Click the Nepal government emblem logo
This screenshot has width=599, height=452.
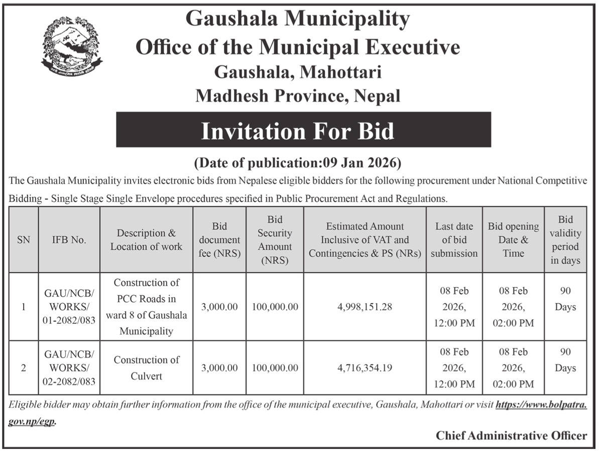(71, 45)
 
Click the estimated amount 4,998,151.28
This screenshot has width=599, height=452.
(365, 307)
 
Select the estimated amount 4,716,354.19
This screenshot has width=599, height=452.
(365, 368)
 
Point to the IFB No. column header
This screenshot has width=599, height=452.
(69, 240)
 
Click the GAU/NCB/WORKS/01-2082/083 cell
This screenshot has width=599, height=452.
(69, 307)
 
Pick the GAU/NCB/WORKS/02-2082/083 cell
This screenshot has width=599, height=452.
(69, 368)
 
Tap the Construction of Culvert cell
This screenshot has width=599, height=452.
(146, 368)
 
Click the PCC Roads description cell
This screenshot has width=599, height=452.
(146, 307)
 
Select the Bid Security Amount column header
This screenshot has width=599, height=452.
(275, 240)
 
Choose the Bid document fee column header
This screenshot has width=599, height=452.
(219, 240)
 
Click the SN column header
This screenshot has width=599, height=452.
(23, 240)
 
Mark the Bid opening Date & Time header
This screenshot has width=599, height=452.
(513, 240)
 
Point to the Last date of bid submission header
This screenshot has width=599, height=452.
(454, 240)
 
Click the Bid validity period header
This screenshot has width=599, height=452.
(565, 240)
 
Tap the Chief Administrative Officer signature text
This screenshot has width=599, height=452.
(511, 435)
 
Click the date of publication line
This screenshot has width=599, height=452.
(298, 163)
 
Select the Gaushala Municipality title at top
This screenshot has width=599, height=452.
(298, 19)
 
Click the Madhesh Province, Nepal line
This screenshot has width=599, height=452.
(298, 95)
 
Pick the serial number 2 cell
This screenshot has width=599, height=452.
(23, 368)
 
